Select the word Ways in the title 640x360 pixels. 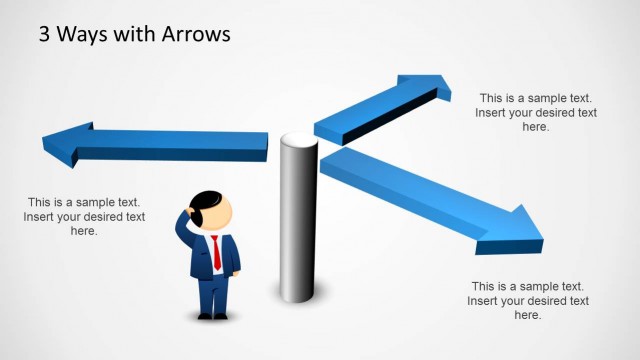coord(87,35)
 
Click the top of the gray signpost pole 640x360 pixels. coord(297,141)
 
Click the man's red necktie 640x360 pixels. coord(216,252)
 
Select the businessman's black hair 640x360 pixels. coord(203,204)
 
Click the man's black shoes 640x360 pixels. coord(213,316)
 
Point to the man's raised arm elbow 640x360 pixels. coord(181,231)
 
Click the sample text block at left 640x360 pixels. coord(84,216)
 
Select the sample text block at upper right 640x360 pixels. coord(536,112)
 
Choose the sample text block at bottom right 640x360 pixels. coord(528,300)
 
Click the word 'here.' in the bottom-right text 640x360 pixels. coord(528,315)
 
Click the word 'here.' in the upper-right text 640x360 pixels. coord(536,127)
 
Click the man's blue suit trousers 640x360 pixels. coord(212,294)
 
